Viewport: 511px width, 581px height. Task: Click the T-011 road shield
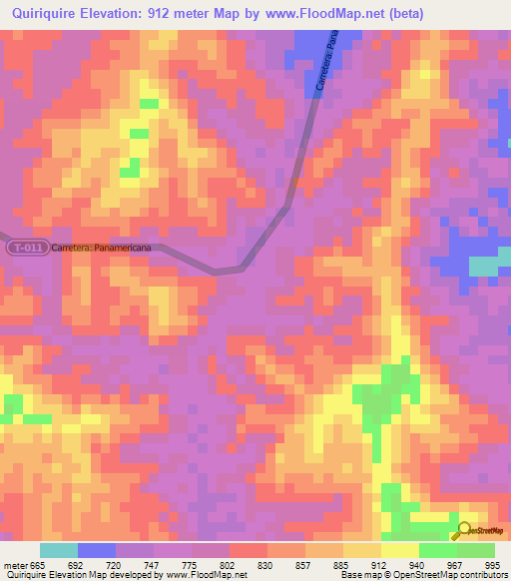[25, 248]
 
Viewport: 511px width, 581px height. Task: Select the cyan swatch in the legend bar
[58, 550]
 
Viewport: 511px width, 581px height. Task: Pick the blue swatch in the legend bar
[96, 550]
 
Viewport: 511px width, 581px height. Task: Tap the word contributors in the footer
[480, 575]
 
